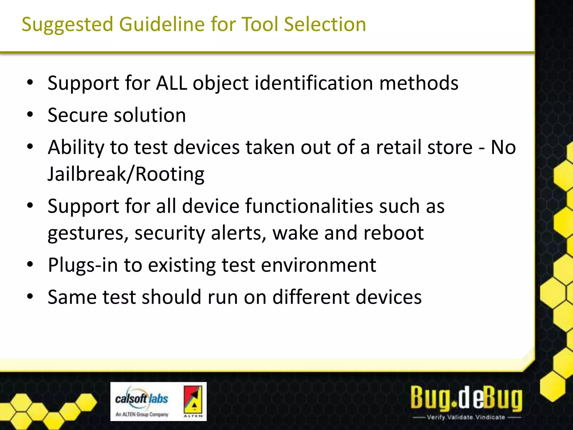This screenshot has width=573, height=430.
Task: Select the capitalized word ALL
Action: pos(171,83)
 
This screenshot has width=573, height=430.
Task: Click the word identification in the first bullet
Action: pos(314,83)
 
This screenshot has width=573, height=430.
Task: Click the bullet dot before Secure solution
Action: pos(30,114)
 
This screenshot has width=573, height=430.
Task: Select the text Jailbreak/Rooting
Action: pos(126,174)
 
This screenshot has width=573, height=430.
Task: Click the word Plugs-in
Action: pos(83,265)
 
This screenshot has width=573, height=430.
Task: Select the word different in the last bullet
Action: pos(311,297)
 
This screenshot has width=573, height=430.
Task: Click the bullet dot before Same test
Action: pos(30,296)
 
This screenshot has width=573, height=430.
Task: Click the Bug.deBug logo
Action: pos(466,398)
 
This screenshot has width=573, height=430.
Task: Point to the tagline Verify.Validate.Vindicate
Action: pos(466,417)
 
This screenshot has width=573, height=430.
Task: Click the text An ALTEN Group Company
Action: pos(142,414)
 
